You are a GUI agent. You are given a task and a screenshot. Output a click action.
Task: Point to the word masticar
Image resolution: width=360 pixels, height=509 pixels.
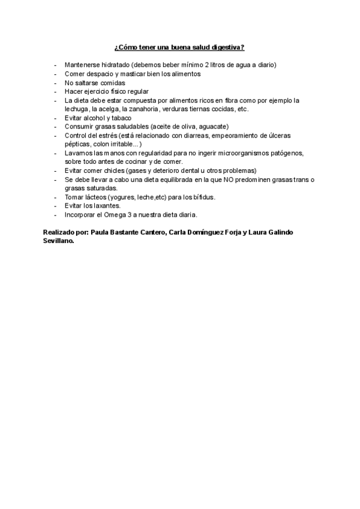click(124, 74)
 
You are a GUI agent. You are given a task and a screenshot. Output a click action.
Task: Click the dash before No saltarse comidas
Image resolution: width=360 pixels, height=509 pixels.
click(55, 83)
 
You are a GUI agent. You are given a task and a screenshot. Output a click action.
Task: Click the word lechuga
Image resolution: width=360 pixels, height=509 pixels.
click(77, 109)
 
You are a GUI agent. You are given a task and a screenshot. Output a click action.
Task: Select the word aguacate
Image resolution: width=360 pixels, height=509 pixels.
click(212, 127)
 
